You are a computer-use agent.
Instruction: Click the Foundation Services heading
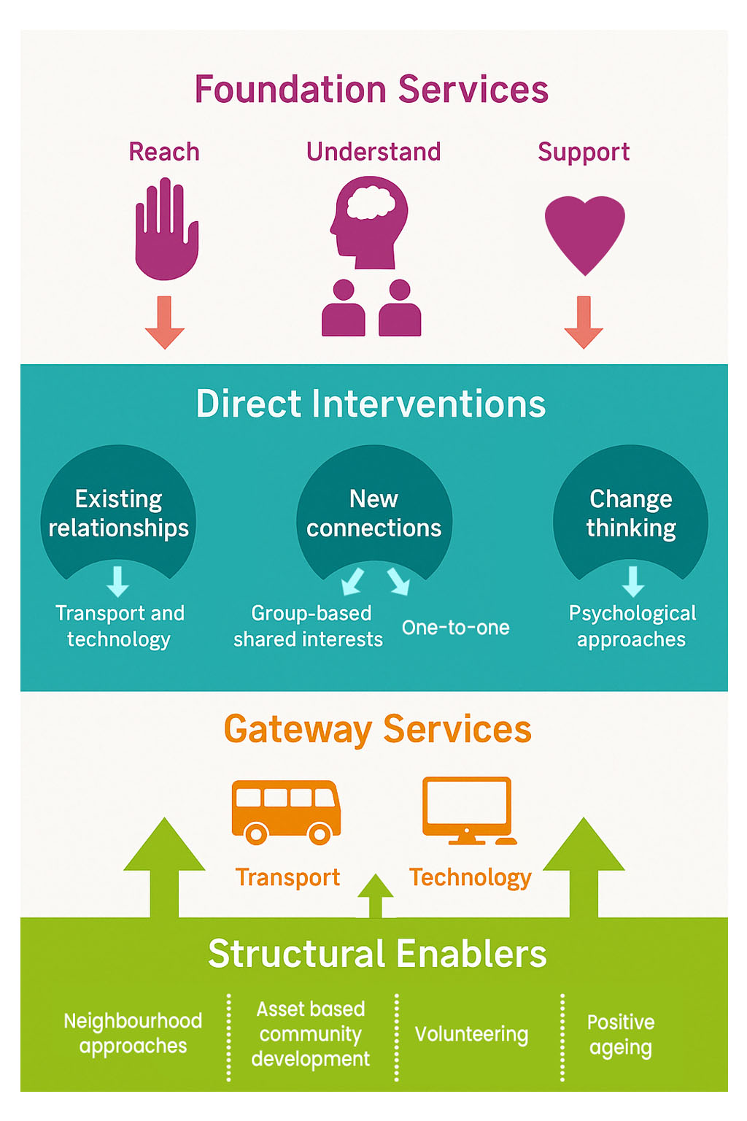coord(371,90)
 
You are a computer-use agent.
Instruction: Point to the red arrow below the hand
coord(165,322)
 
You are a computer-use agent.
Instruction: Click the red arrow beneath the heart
coord(584,322)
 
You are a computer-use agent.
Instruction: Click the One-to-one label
coord(455,628)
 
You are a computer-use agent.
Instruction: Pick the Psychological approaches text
coord(632,626)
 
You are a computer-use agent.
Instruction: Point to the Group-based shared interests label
coord(309,626)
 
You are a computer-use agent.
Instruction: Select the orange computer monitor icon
coord(468,810)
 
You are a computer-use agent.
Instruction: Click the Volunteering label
coord(471,1034)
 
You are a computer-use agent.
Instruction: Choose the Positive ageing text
coord(621,1035)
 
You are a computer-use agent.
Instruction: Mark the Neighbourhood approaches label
coord(133,1033)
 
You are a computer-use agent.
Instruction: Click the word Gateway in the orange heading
coord(298,729)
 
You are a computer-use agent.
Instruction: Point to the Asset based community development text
coord(311,1034)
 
